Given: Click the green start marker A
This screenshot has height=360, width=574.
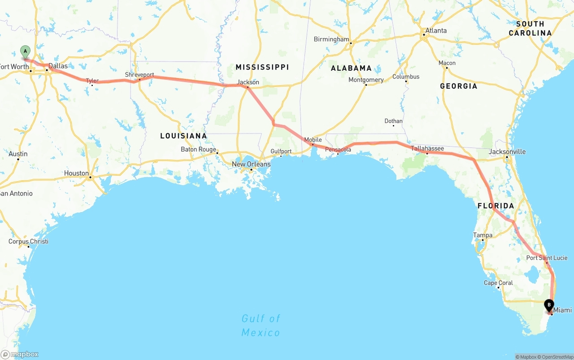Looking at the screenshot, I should point(26,51).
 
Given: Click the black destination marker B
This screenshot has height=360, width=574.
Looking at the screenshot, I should point(548,305).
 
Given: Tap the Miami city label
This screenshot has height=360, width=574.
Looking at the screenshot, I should point(562,310).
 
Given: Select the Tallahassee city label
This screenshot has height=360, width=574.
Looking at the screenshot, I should point(427,148).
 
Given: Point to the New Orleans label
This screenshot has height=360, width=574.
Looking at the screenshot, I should point(251,164).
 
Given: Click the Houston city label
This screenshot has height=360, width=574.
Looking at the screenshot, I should point(76,173).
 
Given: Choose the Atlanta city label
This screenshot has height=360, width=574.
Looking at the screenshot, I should point(436,30).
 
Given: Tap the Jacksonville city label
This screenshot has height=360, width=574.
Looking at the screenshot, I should point(507,152).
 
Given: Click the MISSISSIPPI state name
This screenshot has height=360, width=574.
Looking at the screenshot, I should point(262,67).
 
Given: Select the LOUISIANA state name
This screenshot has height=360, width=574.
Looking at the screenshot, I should point(183,136).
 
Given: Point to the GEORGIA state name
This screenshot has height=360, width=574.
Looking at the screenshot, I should point(458,86).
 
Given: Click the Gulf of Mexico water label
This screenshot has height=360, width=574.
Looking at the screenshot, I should point(261,325).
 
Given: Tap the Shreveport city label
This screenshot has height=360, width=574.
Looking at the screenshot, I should point(139,75).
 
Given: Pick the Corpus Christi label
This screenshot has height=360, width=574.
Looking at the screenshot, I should point(28,241).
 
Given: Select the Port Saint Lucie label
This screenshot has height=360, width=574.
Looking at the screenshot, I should point(547,258).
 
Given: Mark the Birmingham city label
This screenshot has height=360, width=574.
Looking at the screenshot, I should point(331,39).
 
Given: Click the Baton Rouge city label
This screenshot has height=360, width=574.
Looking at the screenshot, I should point(198,149).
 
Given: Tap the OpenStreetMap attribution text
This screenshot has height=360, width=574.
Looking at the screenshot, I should point(557,357).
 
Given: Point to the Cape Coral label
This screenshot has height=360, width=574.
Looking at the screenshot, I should point(498,283).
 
